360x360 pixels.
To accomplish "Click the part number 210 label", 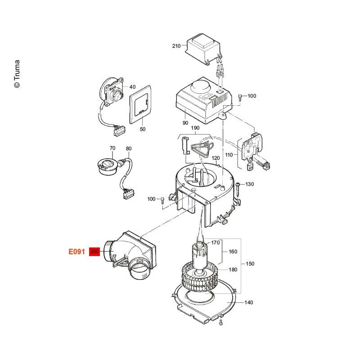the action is [176, 46].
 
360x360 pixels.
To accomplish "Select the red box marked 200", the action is [94, 252].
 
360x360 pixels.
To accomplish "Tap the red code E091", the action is [77, 252].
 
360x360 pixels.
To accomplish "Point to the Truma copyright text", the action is [17, 74].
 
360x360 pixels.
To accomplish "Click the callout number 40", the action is [132, 87].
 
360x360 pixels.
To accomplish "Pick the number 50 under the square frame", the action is [143, 129].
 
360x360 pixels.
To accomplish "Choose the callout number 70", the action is [112, 148].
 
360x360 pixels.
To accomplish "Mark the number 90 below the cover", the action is [185, 123].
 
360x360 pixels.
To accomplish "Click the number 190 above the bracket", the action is [195, 128].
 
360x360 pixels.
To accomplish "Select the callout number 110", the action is [229, 155].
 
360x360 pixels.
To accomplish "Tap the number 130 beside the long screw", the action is [250, 184].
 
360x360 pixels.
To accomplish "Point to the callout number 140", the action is [249, 302].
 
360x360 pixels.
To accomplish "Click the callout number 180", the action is [233, 270].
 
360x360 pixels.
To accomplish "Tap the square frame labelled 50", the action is [140, 104].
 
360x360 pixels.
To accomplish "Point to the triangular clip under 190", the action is [201, 149].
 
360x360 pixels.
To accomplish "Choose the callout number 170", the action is [216, 243].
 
